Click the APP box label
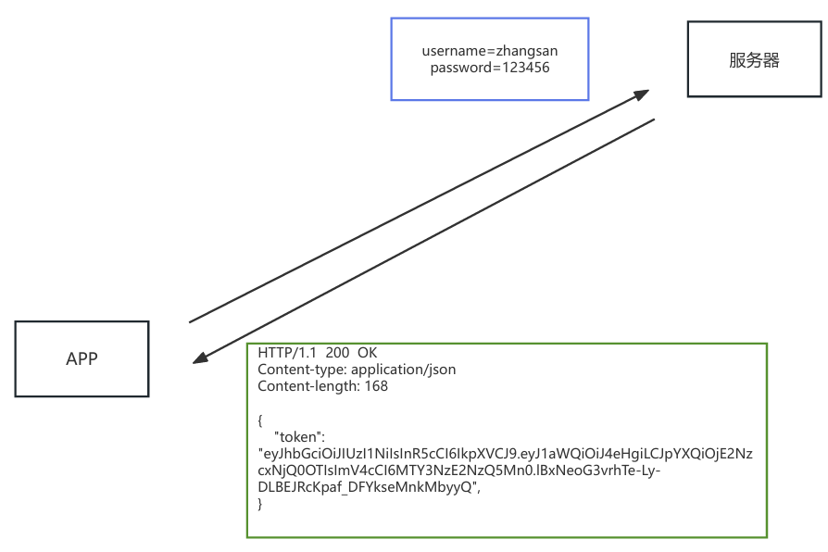click(x=82, y=359)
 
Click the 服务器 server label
click(x=754, y=61)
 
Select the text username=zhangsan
click(x=490, y=51)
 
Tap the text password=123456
click(x=490, y=68)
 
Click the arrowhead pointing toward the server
click(x=642, y=94)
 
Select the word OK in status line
click(x=368, y=354)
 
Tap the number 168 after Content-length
click(x=375, y=385)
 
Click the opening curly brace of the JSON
click(x=260, y=420)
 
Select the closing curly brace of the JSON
click(x=260, y=504)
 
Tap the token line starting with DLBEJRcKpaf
click(x=370, y=487)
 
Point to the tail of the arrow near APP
click(x=192, y=321)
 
